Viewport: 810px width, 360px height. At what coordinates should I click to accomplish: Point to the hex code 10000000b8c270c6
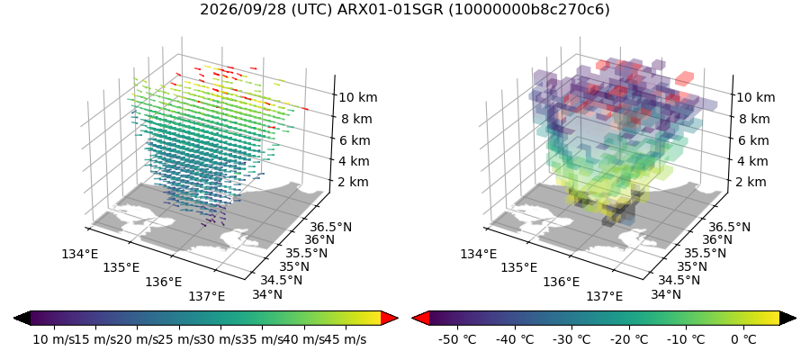[x=529, y=10]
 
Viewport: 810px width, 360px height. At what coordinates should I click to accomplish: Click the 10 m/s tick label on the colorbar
[x=54, y=339]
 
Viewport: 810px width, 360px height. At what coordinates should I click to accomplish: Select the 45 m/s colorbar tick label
[x=346, y=339]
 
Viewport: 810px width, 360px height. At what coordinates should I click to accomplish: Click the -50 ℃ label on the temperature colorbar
[x=457, y=339]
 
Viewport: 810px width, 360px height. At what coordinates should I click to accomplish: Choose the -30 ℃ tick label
[x=571, y=339]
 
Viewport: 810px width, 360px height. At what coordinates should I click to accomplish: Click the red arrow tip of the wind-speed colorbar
[x=398, y=319]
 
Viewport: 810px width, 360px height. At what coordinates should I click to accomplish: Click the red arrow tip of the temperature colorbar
[x=413, y=319]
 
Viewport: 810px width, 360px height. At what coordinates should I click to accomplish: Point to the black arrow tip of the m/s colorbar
[x=13, y=319]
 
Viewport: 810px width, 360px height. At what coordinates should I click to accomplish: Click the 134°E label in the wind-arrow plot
[x=79, y=254]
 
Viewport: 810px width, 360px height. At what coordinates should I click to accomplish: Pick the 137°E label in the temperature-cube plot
[x=605, y=296]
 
